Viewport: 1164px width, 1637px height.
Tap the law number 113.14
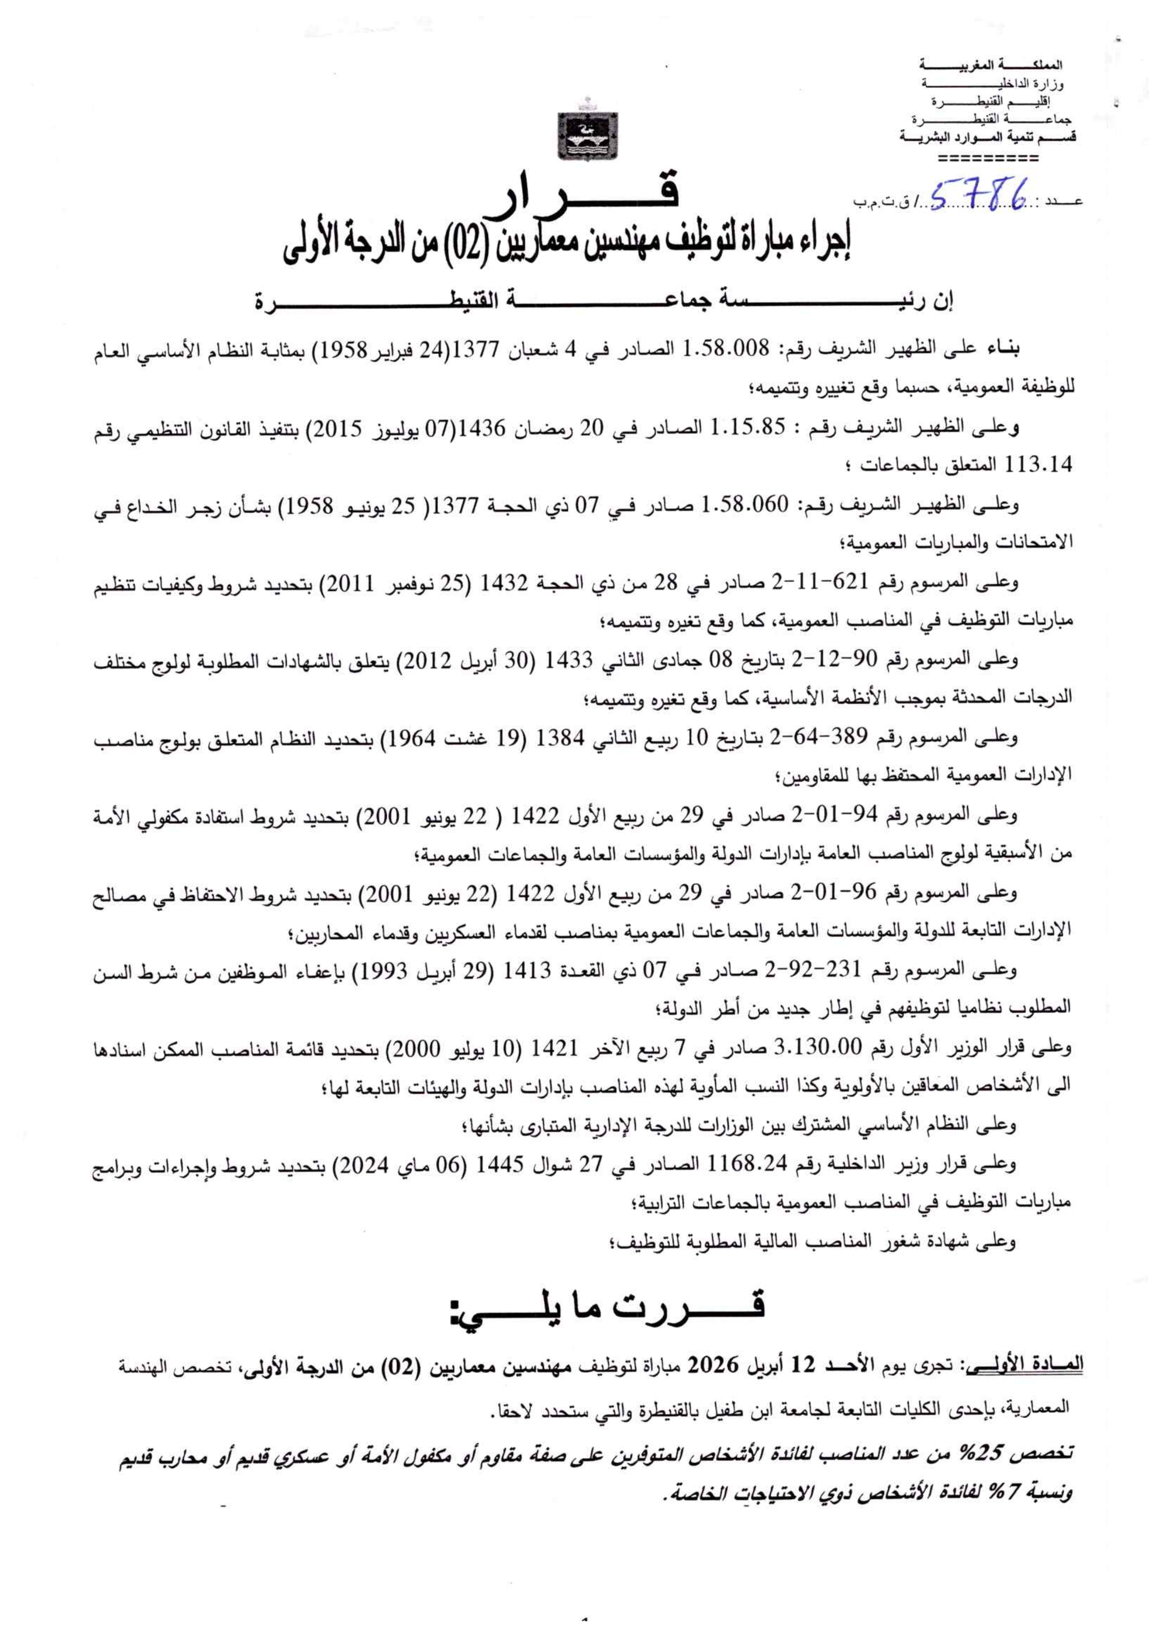[x=1039, y=465]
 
